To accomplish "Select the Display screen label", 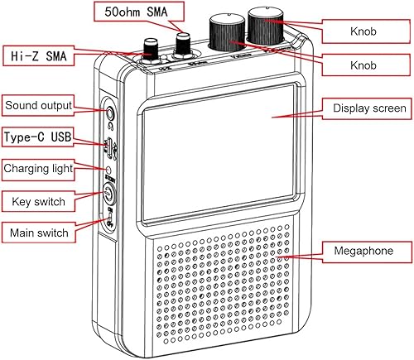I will click(x=368, y=108).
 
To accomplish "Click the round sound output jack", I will click(x=108, y=108).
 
